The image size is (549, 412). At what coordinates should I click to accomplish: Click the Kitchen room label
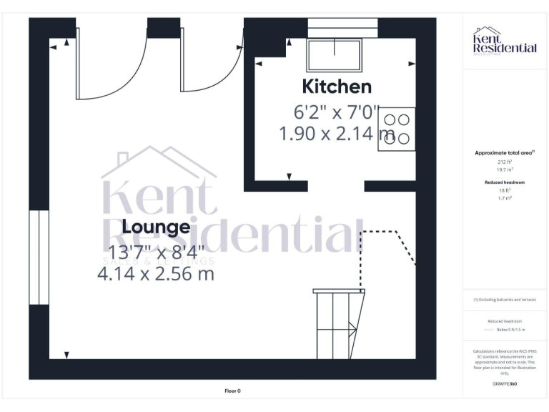[x=337, y=87]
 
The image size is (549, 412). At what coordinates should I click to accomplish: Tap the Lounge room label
[x=156, y=227]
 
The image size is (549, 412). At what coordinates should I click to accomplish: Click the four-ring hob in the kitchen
[x=397, y=129]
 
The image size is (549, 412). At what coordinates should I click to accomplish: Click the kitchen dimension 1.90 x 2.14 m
[x=335, y=133]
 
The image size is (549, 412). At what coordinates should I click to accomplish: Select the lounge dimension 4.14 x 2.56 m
[x=155, y=273]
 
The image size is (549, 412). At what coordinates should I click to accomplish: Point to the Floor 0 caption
[x=232, y=391]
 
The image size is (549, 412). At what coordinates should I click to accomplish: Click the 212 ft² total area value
[x=505, y=162]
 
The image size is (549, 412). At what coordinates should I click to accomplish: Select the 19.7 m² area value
[x=505, y=170]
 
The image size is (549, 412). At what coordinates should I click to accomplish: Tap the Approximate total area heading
[x=505, y=153]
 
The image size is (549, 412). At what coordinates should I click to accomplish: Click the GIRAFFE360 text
[x=505, y=384]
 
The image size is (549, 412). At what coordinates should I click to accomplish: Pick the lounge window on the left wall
[x=39, y=257]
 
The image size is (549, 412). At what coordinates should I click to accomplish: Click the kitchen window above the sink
[x=342, y=28]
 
